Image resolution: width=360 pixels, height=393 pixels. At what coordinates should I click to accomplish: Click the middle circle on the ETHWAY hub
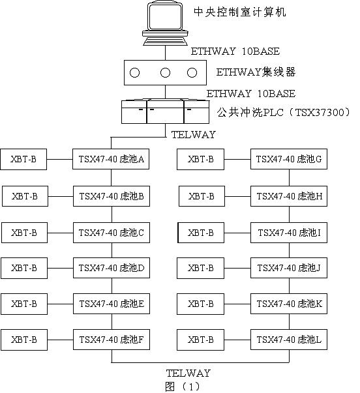(x=165, y=73)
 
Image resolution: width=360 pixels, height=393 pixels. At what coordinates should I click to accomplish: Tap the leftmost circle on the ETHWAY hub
(x=134, y=73)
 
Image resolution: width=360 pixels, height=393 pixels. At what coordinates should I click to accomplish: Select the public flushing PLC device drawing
(x=165, y=112)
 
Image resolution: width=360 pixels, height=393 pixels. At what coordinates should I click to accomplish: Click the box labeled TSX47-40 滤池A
(x=111, y=159)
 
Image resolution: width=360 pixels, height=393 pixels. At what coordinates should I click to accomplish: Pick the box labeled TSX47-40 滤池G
(x=289, y=159)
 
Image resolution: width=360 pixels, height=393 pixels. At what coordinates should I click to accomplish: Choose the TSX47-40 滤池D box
(x=112, y=268)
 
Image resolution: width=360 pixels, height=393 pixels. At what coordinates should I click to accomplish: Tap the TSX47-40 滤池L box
(x=289, y=340)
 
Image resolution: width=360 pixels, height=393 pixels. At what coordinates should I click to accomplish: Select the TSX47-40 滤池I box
(x=289, y=233)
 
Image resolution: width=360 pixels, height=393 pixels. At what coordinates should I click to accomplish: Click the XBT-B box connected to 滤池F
(x=24, y=340)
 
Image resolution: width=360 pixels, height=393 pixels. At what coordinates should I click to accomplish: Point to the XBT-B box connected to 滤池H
(x=202, y=196)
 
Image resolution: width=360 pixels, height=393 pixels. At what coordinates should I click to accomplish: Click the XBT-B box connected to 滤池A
(x=23, y=159)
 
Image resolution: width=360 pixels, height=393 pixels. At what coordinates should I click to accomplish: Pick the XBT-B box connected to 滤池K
(x=200, y=304)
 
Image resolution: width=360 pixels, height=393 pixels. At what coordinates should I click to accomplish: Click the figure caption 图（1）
(x=183, y=386)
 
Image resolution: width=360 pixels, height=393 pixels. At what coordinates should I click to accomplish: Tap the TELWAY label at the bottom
(x=188, y=373)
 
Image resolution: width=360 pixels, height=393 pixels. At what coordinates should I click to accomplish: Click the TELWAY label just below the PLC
(x=194, y=135)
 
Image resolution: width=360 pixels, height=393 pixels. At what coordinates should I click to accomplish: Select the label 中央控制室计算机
(x=240, y=12)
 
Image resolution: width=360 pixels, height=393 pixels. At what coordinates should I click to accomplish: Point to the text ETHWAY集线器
(x=256, y=72)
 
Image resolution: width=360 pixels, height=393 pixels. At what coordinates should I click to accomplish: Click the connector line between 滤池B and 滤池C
(x=112, y=214)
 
